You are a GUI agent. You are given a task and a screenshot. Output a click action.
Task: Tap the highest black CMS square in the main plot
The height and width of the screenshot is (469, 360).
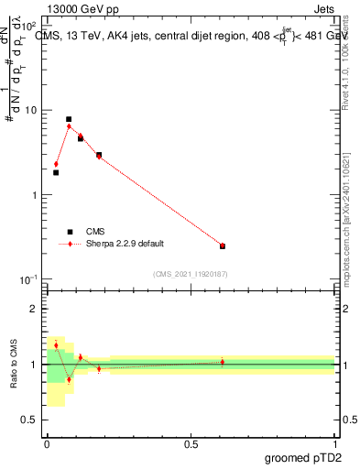[69, 119]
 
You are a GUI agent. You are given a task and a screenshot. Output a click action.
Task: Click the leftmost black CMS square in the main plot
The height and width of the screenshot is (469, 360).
[56, 172]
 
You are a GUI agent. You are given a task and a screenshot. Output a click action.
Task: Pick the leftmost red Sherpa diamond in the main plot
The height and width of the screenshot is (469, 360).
[56, 164]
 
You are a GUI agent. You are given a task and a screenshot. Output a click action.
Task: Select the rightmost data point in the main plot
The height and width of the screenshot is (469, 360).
[223, 245]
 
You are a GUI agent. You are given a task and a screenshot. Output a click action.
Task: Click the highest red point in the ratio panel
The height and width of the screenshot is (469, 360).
[56, 345]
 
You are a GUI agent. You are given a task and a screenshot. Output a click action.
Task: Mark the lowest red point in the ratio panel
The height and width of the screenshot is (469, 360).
[69, 379]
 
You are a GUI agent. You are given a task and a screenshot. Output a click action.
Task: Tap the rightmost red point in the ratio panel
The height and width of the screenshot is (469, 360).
[223, 362]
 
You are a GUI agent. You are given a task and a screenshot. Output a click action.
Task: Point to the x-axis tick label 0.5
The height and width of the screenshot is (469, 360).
[191, 443]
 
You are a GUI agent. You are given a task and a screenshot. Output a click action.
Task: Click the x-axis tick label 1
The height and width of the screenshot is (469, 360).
[334, 443]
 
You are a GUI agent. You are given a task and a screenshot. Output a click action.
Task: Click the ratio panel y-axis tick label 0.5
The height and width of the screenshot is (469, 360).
[31, 420]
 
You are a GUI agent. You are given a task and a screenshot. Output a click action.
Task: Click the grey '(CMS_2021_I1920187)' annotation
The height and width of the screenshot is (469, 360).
[191, 274]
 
